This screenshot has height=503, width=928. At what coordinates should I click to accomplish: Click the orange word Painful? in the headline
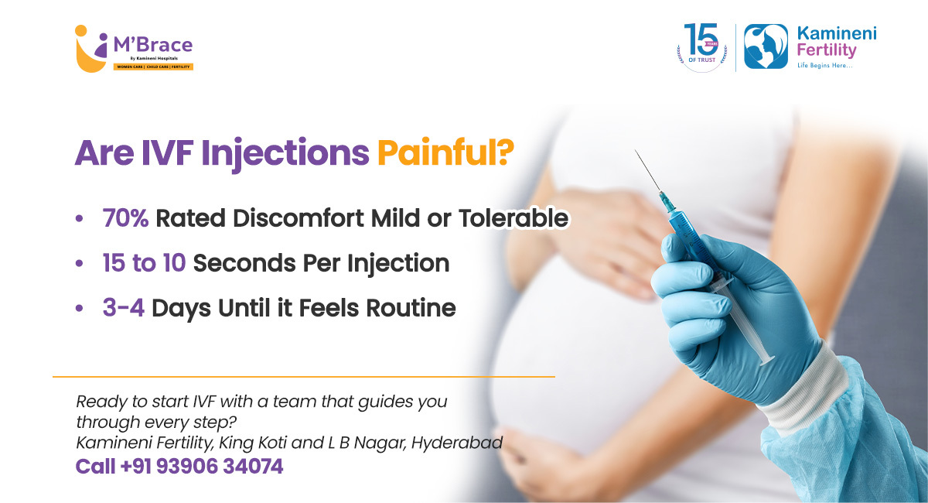(445, 153)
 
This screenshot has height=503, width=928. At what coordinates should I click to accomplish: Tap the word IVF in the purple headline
(167, 153)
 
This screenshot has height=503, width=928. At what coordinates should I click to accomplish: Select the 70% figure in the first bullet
(125, 218)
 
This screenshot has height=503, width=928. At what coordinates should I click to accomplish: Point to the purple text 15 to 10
(144, 263)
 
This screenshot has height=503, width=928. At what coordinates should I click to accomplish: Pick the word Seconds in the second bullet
(244, 263)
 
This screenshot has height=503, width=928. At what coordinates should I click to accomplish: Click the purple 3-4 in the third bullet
(124, 308)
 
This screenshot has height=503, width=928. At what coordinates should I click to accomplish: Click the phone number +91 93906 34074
(202, 466)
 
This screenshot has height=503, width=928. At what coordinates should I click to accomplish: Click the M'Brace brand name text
(153, 45)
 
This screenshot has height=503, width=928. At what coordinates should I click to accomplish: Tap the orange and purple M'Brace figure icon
(91, 49)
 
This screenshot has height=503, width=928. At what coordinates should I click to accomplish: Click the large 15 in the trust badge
(701, 39)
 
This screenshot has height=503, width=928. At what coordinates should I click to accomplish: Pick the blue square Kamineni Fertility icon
(766, 46)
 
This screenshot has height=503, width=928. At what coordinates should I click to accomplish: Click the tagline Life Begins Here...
(825, 66)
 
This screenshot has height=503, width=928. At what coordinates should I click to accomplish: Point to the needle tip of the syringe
(636, 151)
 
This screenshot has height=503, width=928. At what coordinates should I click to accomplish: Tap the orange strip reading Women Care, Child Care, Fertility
(153, 67)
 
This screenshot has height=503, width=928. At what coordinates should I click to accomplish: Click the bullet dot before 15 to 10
(79, 263)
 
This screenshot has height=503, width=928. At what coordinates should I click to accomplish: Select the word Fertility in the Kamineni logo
(827, 50)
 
